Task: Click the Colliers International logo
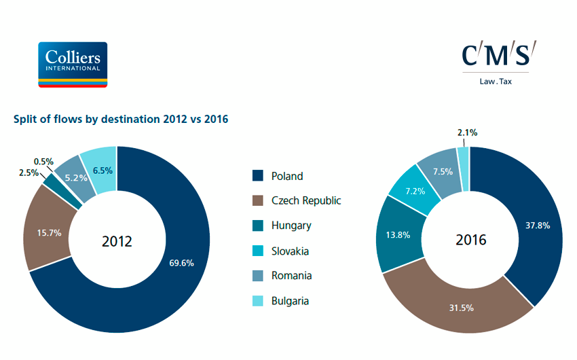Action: [x=73, y=65]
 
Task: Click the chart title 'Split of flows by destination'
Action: [x=121, y=119]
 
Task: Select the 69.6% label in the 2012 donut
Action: [x=181, y=263]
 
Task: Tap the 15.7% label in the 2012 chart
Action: [x=49, y=232]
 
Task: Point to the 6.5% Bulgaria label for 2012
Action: [x=102, y=170]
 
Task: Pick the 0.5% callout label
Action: [x=43, y=162]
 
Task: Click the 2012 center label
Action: [x=117, y=241]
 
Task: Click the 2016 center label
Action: [x=470, y=240]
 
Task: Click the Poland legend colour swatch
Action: [x=257, y=176]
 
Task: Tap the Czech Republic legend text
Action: [x=306, y=200]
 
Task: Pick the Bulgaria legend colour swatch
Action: [x=257, y=301]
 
